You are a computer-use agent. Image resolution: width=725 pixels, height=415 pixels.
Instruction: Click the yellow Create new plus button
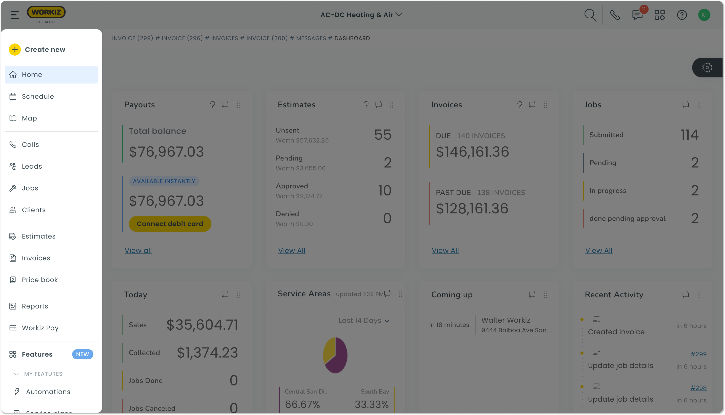tap(15, 50)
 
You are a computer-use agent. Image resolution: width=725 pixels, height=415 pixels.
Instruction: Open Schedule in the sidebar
tap(38, 96)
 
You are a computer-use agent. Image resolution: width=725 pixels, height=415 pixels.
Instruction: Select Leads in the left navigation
tap(32, 166)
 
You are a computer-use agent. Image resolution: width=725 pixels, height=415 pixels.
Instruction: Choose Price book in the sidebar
tap(40, 280)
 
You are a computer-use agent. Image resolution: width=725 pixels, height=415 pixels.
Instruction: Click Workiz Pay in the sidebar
tap(40, 328)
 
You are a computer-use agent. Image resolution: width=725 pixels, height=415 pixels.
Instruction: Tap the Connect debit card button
tap(170, 224)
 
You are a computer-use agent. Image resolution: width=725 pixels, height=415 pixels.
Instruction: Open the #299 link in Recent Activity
tap(698, 354)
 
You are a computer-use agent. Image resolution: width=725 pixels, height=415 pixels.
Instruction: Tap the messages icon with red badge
tap(637, 15)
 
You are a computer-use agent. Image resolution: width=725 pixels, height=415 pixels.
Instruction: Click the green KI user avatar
tap(704, 15)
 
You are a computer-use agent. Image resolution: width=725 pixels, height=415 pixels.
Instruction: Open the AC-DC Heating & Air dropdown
tap(361, 15)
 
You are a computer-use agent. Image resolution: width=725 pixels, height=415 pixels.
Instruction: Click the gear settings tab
tap(707, 68)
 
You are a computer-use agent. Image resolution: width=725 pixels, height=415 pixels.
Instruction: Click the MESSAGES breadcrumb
tap(311, 38)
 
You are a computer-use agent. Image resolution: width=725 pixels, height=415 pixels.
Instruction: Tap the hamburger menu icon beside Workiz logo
tap(15, 15)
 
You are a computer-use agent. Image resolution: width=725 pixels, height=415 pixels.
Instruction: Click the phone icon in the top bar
tap(615, 15)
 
